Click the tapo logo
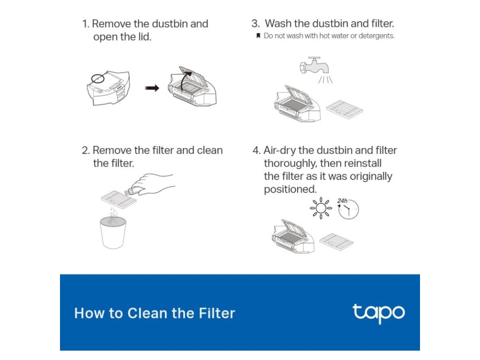tap(379, 313)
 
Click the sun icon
tap(321, 208)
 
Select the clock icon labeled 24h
tap(348, 210)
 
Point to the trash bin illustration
tap(113, 232)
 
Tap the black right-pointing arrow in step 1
tap(152, 88)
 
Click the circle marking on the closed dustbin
tap(97, 78)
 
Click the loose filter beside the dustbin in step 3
tap(345, 109)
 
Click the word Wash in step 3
tap(278, 23)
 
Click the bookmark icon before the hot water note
tap(258, 36)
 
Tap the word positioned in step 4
tap(290, 189)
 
